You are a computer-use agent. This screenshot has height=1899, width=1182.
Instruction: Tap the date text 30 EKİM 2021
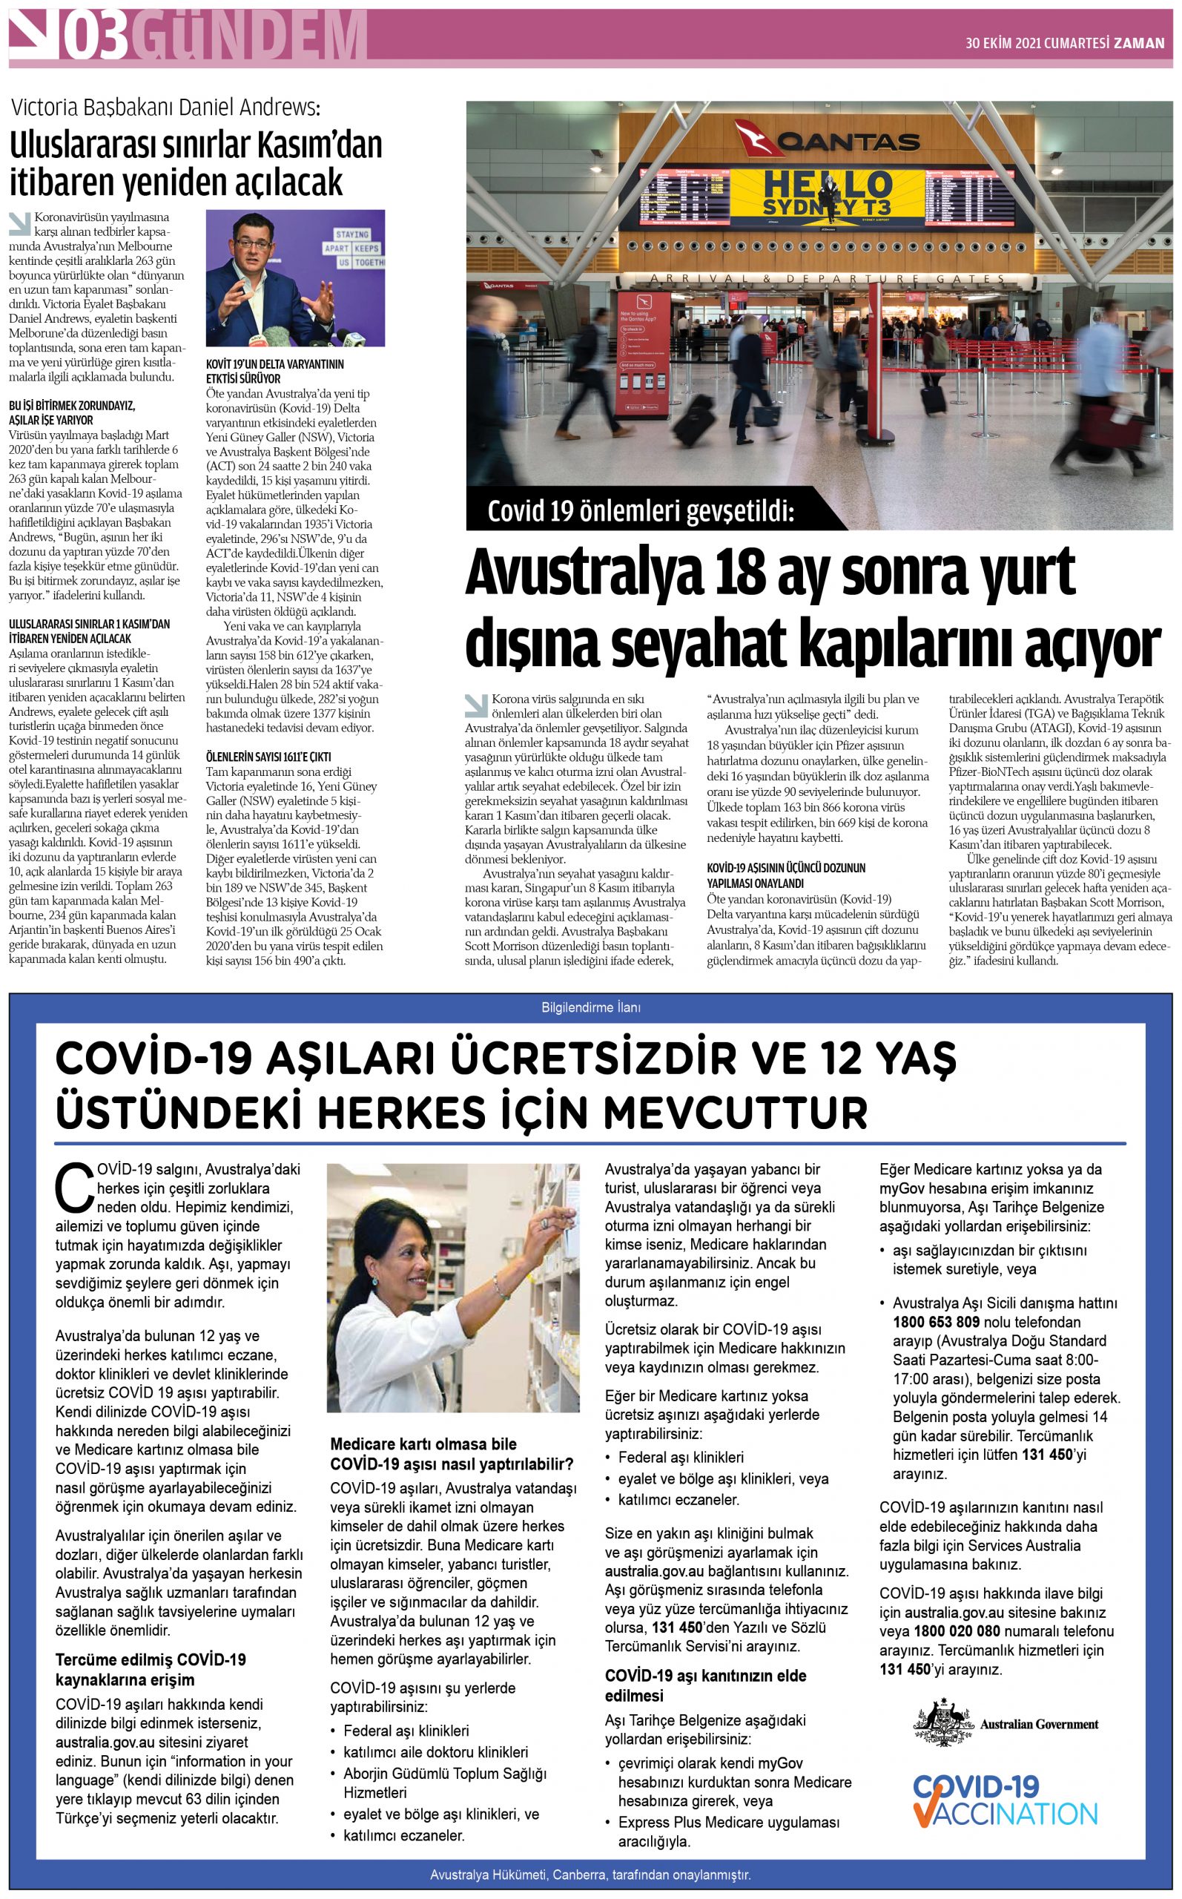point(1003,44)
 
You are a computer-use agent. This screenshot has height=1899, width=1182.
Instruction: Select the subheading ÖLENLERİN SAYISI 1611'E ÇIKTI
point(268,757)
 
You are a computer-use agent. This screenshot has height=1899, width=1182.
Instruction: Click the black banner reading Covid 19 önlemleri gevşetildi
point(640,511)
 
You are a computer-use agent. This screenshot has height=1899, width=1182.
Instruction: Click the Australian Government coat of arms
point(942,1723)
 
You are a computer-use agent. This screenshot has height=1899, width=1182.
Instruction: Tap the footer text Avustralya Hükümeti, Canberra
point(590,1874)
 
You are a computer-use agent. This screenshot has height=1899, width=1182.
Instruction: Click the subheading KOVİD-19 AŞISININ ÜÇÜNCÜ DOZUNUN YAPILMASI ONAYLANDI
point(786,875)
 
